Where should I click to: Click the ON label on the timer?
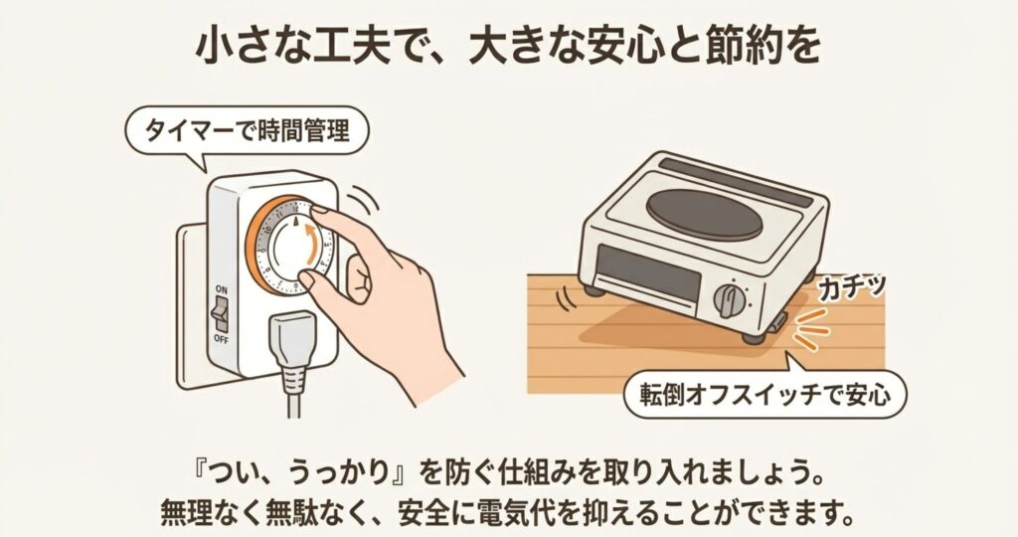(222, 289)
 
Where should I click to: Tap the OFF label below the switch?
(222, 339)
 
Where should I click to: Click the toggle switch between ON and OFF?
(221, 315)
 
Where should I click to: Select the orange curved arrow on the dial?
(313, 246)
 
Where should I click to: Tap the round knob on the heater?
(730, 300)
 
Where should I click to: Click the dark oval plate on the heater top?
(705, 215)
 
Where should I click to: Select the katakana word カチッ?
(852, 287)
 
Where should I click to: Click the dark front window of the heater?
(648, 272)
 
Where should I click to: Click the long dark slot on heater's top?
(735, 182)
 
